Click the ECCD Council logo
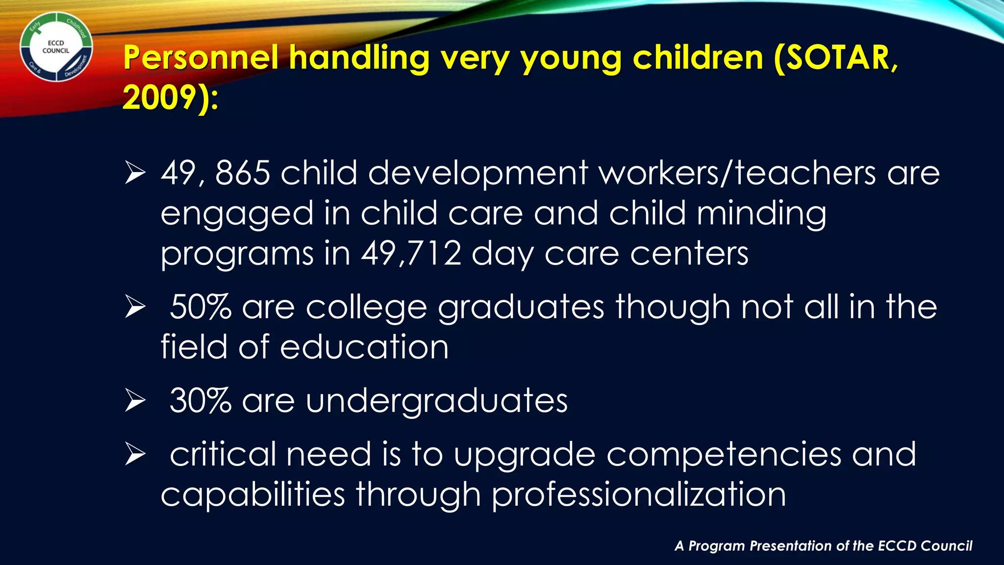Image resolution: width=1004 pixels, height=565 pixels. point(56,47)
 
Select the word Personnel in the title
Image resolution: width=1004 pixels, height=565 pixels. point(201,58)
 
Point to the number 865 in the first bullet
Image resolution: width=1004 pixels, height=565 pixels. point(243,173)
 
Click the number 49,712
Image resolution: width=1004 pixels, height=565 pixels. point(411,254)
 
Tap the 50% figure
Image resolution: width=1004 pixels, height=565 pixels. point(200,307)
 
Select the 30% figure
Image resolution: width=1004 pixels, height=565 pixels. point(200,401)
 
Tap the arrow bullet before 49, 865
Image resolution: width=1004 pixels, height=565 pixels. point(135,174)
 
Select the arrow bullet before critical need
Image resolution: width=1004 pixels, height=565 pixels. point(135,455)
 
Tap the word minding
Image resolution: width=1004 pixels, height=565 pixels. point(761,214)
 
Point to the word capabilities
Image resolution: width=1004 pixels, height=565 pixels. point(252,494)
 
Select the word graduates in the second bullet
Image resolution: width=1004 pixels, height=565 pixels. point(521,308)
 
